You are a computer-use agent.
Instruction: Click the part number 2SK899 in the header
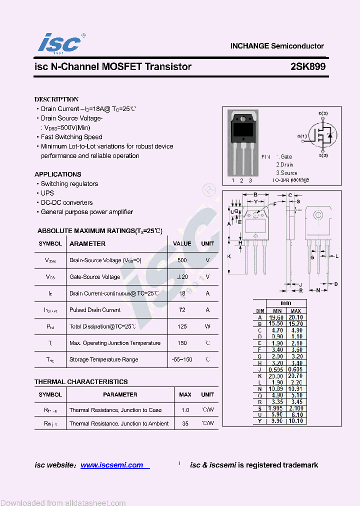pos(308,67)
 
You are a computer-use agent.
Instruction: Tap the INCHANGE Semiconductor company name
pos(277,46)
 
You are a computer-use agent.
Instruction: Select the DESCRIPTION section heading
pos(56,99)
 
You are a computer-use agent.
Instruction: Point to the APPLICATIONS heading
pos(58,174)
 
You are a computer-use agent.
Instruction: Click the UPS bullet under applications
pos(47,193)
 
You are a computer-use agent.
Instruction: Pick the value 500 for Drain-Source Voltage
pos(182,260)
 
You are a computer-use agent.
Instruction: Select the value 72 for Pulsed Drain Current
pos(182,310)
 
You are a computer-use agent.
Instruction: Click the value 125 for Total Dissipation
pos(182,326)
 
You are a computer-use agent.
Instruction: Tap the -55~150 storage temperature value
pos(182,359)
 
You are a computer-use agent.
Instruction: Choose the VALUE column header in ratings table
pos(182,244)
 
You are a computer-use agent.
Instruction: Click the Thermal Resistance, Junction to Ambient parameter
pos(119,423)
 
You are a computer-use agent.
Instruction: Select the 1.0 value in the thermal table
pos(185,410)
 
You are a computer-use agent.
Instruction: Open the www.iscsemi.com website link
pos(112,465)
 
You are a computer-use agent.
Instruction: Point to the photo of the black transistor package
pos(242,129)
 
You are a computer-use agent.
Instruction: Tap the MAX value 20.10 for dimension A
pos(295,317)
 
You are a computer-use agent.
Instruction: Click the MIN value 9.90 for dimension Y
pos(276,421)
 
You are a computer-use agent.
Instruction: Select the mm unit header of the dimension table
pos(286,303)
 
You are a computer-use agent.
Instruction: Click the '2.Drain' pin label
pos(284,164)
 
